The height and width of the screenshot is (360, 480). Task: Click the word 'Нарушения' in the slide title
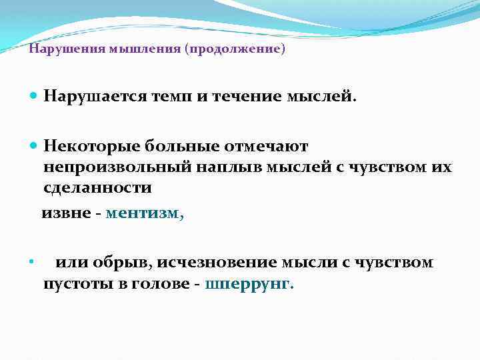pos(58,50)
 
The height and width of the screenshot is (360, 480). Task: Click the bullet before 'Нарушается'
pos(35,97)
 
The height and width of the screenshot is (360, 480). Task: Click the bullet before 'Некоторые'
pos(35,145)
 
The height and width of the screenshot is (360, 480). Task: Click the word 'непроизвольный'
pos(117,167)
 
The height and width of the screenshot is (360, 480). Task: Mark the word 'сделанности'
pos(97,188)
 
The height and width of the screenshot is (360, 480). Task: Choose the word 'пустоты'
pos(76,284)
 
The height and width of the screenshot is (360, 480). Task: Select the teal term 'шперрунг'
pos(249,284)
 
